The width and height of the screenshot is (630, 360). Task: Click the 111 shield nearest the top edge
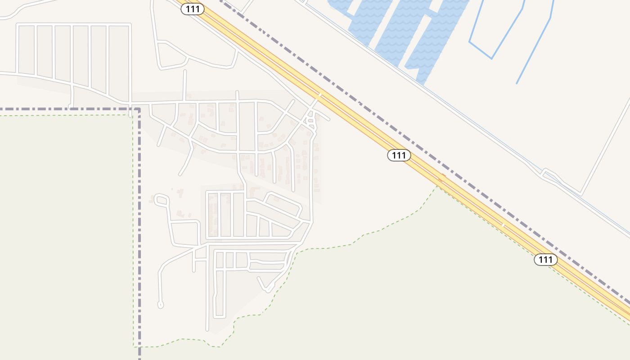pos(193,9)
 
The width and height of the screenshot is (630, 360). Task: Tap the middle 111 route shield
pos(399,155)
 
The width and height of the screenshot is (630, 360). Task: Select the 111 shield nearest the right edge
pos(545,259)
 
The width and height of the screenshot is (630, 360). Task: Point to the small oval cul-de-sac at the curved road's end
pos(160,305)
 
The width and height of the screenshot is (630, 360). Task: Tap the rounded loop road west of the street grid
pos(161,199)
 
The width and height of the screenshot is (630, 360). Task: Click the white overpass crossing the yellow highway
pos(319,96)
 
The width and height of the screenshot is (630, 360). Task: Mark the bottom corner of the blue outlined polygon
pos(491,58)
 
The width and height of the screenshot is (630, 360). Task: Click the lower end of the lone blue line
pos(517,83)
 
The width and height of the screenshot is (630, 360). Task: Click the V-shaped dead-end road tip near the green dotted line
pos(268,290)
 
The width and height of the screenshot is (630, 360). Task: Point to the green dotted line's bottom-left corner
pos(134,346)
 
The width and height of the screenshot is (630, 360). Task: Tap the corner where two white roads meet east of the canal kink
pos(581,195)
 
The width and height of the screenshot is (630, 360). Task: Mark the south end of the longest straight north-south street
pos(207,330)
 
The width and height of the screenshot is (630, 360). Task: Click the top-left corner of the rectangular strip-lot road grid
pos(18,25)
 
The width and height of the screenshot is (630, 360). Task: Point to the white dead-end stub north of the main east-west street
pos(184,71)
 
